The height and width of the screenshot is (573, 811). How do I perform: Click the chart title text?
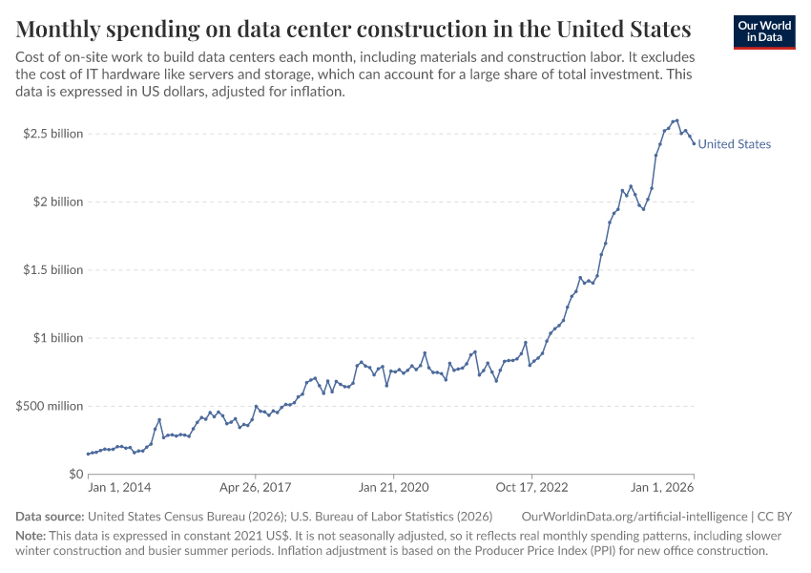pos(353,27)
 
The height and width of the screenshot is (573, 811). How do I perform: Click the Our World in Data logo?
pos(764,32)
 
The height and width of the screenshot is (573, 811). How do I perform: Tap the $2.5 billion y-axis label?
pos(53,134)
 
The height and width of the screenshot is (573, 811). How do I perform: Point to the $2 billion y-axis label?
pos(58,202)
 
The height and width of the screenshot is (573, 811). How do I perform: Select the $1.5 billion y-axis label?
pos(53,270)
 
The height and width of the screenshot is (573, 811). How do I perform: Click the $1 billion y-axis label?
pos(58,338)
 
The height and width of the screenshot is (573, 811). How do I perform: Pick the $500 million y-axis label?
pos(51,406)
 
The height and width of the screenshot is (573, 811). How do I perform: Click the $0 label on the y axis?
pos(74,475)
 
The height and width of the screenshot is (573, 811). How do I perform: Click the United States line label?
pos(735,144)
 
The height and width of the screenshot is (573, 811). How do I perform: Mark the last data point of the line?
pos(694,143)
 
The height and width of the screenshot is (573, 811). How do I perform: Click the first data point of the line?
pos(88,454)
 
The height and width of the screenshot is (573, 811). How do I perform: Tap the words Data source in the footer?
pos(49,517)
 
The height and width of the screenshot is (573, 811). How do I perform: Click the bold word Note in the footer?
pos(31,535)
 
